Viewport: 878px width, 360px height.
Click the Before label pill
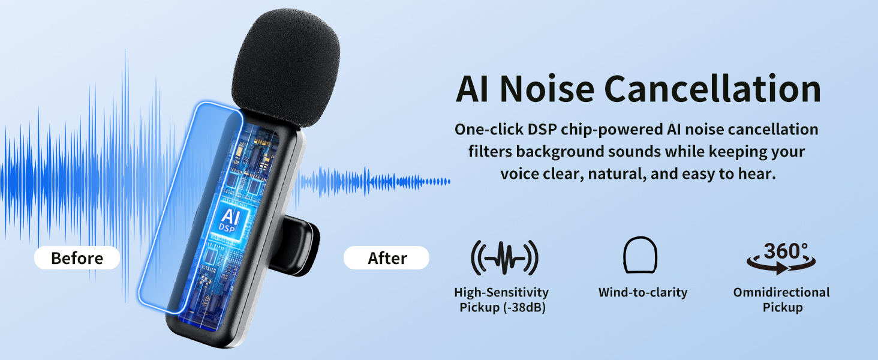[77, 259]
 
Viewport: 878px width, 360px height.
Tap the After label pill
[387, 259]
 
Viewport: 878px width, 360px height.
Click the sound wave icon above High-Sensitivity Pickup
[504, 259]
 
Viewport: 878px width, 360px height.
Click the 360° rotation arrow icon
[781, 259]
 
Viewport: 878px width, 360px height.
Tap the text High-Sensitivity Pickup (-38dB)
[501, 300]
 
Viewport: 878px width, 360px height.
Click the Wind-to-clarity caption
[642, 293]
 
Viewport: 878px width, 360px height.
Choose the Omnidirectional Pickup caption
[781, 300]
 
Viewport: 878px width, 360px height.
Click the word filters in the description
[489, 152]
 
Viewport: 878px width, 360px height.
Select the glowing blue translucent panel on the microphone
[191, 204]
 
